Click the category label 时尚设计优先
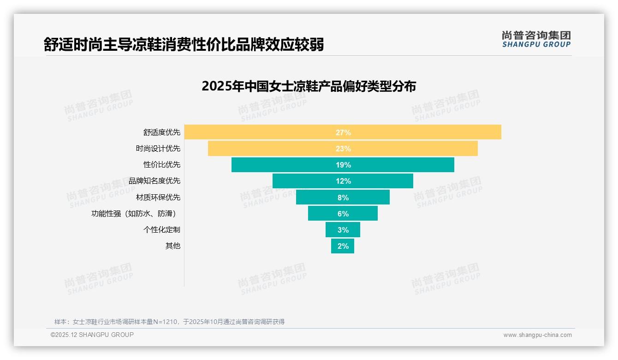[x=158, y=149]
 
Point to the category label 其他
[x=172, y=246]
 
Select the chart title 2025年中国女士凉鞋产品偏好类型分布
[x=309, y=86]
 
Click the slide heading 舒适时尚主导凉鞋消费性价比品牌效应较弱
[x=184, y=44]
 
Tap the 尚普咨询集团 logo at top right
[x=536, y=39]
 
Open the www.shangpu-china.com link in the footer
[x=537, y=335]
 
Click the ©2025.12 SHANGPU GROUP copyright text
[x=92, y=335]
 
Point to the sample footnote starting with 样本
[x=169, y=322]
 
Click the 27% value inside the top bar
[x=343, y=132]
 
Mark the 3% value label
[x=343, y=230]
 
